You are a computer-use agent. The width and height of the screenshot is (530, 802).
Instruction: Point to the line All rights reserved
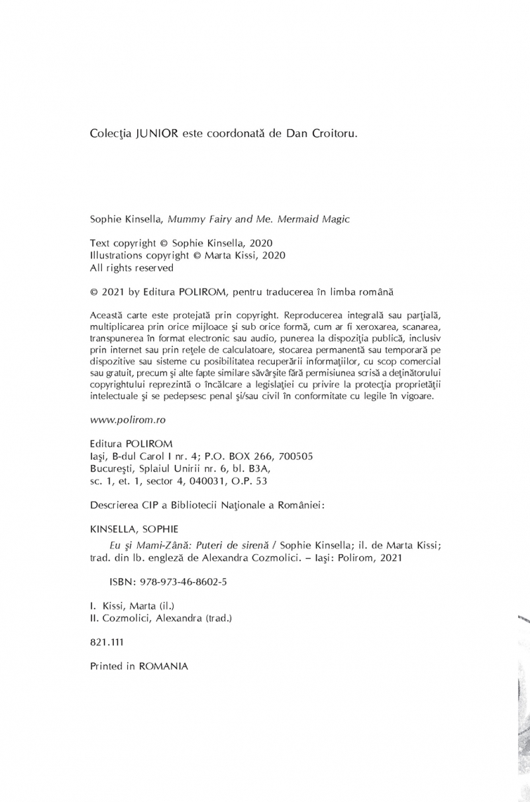(x=131, y=268)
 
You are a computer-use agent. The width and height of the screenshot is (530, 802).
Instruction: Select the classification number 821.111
(x=106, y=642)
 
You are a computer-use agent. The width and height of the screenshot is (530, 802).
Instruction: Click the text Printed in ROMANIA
(x=138, y=667)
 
